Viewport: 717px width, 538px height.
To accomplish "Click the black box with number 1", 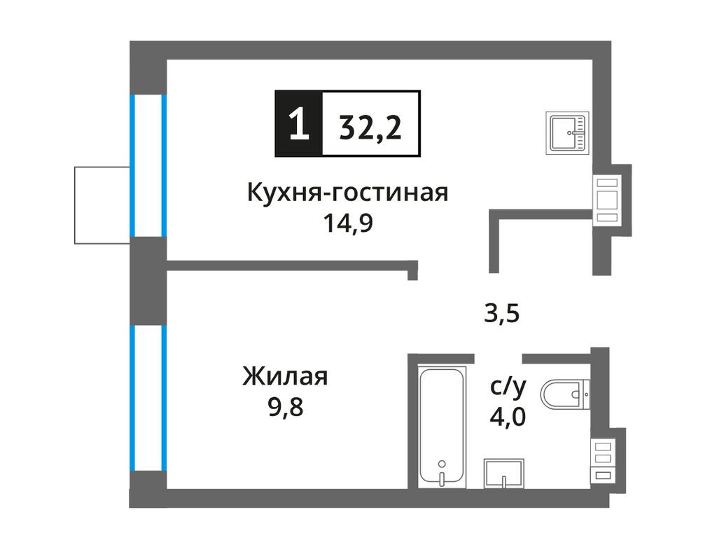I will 299,124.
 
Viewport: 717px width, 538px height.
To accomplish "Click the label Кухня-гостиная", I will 347,191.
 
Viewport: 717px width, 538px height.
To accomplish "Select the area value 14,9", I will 347,223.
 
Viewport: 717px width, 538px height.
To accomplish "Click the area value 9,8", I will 285,408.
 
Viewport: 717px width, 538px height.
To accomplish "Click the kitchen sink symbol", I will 569,132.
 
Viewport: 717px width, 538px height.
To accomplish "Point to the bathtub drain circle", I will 441,463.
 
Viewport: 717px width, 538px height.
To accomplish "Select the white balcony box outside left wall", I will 102,205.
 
